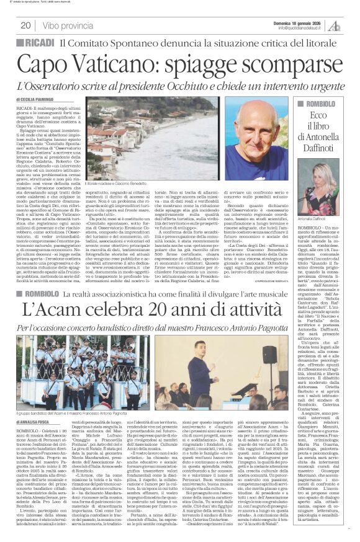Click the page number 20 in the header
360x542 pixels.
click(x=25, y=25)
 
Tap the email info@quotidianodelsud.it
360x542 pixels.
click(x=302, y=28)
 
